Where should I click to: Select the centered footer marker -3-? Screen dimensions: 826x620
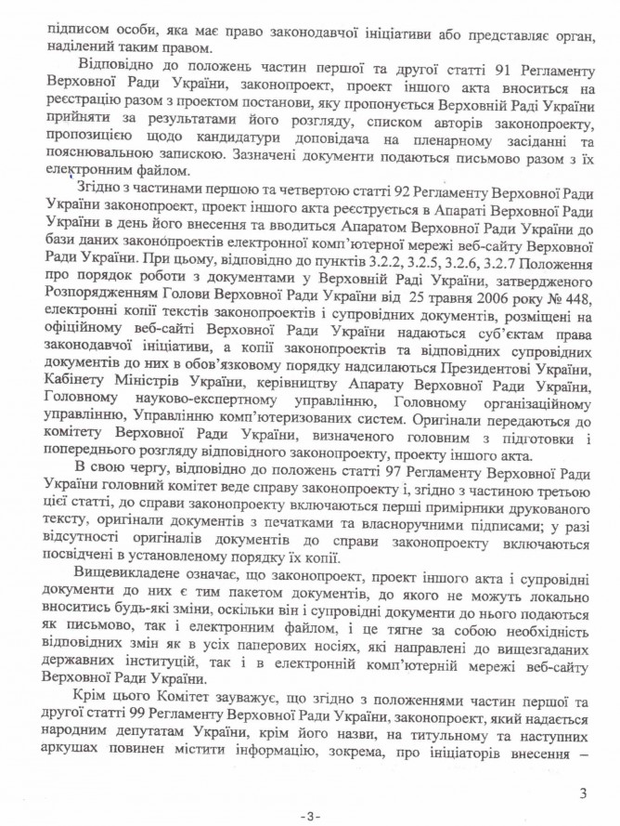point(310,815)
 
